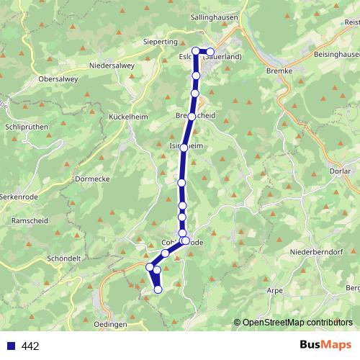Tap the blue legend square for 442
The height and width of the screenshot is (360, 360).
pyautogui.click(x=10, y=346)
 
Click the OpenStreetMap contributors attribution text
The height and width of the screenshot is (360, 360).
pyautogui.click(x=297, y=322)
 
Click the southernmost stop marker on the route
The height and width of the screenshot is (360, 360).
pyautogui.click(x=158, y=289)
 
